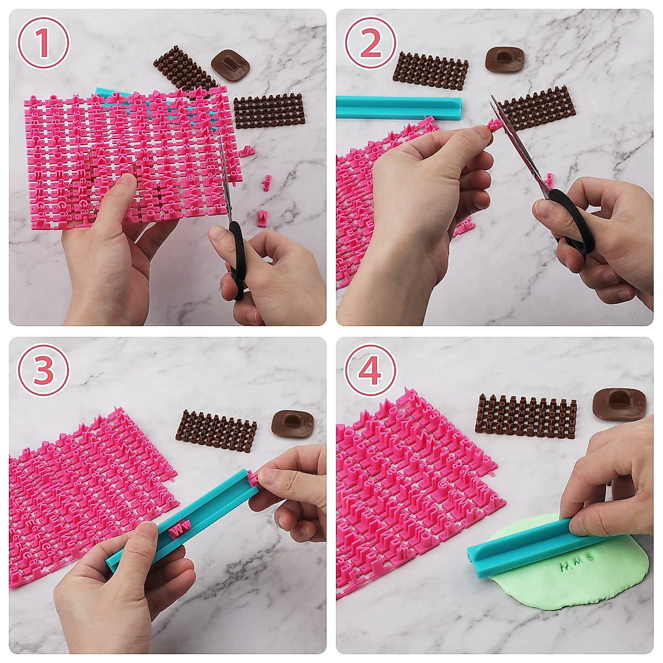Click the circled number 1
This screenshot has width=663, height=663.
(44, 44)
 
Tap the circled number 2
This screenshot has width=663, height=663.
(371, 44)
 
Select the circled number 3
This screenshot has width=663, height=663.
(44, 371)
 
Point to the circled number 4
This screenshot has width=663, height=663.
(371, 371)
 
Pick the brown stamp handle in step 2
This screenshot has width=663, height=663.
(504, 59)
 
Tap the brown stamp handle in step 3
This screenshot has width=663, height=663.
(292, 423)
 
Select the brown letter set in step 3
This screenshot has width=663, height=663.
(216, 431)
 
